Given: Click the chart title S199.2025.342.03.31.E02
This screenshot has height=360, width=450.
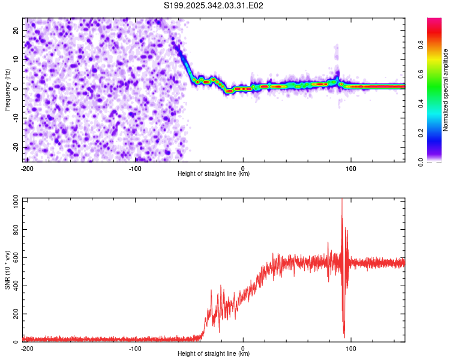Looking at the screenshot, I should [x=214, y=5].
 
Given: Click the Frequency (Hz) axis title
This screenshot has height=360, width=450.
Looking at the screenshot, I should [x=8, y=89].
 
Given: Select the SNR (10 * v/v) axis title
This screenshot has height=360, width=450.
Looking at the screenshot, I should [x=8, y=270].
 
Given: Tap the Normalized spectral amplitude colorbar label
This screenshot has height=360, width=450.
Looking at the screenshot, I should [x=446, y=90].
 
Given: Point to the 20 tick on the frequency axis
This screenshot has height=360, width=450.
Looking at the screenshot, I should [x=16, y=30].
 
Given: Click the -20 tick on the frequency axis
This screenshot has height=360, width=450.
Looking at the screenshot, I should [x=15, y=148].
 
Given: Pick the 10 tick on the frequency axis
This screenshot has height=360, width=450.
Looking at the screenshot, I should [x=16, y=59].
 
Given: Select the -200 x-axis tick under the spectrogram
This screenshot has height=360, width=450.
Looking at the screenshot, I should [x=26, y=168].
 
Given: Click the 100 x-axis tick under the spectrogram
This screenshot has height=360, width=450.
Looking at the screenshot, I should [x=352, y=168].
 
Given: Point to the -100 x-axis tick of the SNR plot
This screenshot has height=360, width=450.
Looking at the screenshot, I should [x=135, y=348].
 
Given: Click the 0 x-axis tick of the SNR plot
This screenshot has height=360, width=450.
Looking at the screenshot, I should [x=243, y=348].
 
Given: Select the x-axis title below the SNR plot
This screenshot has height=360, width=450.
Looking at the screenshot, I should [x=214, y=355].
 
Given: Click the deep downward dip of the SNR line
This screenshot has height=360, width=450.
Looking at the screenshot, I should [x=344, y=336].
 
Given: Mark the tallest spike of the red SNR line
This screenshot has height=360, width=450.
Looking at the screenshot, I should [x=342, y=200].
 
